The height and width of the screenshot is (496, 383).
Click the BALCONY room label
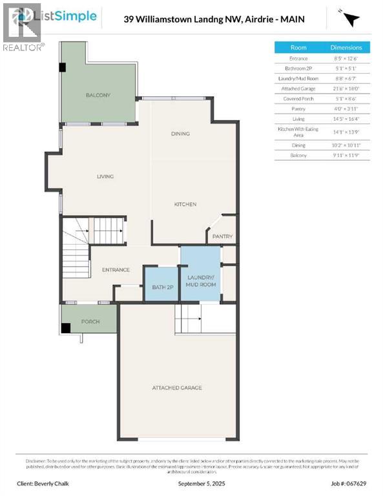98,95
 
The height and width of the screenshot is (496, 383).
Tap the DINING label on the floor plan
180,134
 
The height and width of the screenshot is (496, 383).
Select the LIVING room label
105,176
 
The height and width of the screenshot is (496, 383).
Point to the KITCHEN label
185,204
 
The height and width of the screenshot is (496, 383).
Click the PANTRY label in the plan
222,236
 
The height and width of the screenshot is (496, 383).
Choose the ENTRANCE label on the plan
116,270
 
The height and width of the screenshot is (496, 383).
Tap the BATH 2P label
162,287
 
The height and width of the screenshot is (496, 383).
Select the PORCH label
90,321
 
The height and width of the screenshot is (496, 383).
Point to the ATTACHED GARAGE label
177,387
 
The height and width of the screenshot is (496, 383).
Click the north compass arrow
350,18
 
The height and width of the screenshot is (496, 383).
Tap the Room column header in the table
298,47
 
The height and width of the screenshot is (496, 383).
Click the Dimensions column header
346,47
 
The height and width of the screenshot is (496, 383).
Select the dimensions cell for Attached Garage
346,88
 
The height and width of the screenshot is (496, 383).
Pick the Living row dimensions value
346,119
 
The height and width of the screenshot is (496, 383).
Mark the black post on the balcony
63,67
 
